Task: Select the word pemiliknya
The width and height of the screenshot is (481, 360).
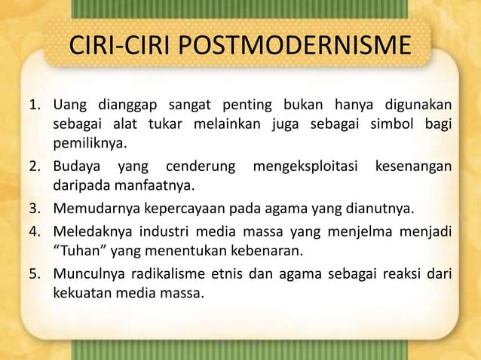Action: tap(89, 143)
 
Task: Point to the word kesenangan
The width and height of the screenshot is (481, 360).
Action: tap(412, 164)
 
